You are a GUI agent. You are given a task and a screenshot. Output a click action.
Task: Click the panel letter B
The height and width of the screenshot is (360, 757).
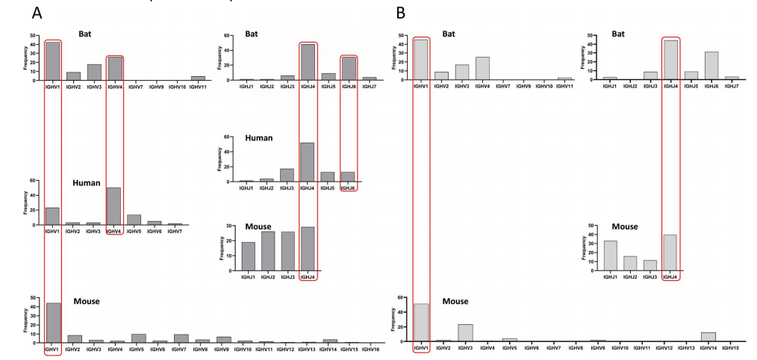[x=401, y=13]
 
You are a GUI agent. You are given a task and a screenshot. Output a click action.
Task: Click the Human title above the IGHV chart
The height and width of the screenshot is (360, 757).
[x=87, y=183]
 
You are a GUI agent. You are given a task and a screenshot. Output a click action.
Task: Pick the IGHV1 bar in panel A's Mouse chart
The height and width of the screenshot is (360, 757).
[x=53, y=323]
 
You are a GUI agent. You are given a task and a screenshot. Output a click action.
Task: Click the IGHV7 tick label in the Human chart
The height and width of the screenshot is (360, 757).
[x=175, y=232]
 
